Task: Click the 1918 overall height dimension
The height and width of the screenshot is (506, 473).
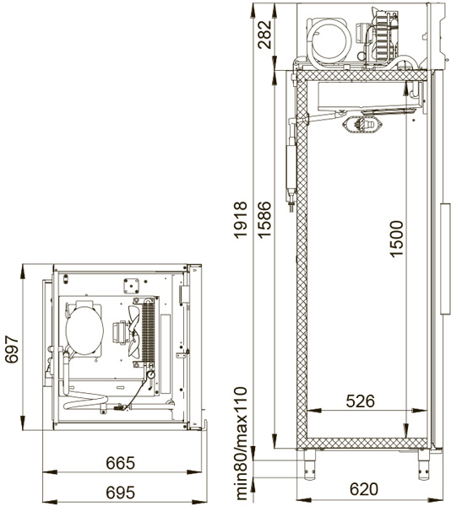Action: coord(240,220)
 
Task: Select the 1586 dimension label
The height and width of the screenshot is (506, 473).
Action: coord(264,220)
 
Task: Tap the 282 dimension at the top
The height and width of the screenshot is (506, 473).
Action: coord(264,35)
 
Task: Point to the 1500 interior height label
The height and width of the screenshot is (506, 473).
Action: coord(396,239)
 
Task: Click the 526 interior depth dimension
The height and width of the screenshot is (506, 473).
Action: coord(360,401)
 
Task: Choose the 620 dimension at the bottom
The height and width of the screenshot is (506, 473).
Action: coord(363,489)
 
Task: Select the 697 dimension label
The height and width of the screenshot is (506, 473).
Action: coord(12,349)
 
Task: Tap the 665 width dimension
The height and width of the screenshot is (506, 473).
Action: coord(120,463)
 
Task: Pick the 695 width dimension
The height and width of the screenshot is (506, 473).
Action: coord(120,493)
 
